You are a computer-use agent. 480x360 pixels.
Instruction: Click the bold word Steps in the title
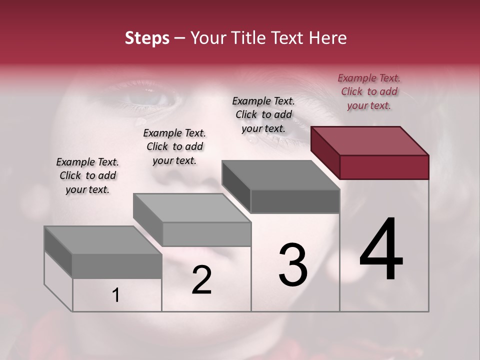tap(147, 38)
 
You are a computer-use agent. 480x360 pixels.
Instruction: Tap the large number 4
tap(381, 250)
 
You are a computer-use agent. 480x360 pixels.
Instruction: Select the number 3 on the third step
tap(293, 265)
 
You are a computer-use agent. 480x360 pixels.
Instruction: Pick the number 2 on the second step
tap(201, 280)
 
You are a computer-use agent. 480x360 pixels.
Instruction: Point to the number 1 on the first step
tap(116, 295)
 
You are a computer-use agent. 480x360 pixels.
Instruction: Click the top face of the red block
tap(370, 140)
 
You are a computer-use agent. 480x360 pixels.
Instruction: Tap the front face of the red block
tap(384, 167)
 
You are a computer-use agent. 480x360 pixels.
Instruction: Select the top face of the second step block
tap(192, 208)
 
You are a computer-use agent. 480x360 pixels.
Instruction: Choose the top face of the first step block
tap(103, 240)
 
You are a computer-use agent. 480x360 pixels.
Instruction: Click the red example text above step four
tap(369, 91)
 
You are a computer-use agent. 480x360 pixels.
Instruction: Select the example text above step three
tap(263, 114)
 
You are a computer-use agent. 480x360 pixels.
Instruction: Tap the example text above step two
tap(174, 146)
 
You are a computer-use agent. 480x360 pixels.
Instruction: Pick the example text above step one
tap(87, 175)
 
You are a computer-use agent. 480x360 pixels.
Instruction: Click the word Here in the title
tap(327, 38)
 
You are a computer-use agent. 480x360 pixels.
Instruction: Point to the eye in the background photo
tap(150, 95)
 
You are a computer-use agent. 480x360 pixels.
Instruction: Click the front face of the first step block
tap(117, 266)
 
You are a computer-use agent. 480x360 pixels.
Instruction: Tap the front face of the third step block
tap(295, 201)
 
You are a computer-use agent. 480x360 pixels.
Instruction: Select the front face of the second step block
tap(206, 234)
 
